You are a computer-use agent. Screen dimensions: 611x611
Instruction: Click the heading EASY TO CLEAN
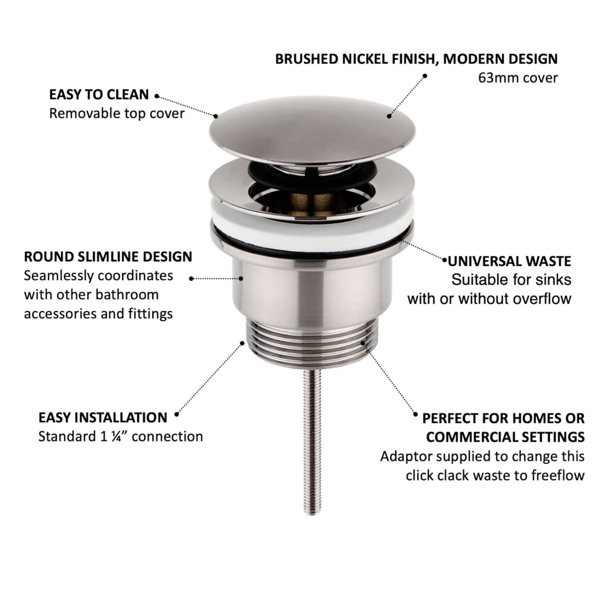99,94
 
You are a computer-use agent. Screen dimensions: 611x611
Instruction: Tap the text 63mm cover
518,78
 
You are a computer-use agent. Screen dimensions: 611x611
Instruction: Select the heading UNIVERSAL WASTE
509,261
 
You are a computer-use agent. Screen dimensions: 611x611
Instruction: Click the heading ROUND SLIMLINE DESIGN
108,257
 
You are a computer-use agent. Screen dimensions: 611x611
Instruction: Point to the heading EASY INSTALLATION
103,418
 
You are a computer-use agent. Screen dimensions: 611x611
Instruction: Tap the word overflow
543,299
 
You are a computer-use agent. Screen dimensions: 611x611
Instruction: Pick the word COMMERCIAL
474,437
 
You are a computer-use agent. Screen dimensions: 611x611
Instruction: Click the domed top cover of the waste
312,129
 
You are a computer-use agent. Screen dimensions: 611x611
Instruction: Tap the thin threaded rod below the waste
312,442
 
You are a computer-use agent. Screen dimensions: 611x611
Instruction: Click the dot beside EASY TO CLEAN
156,96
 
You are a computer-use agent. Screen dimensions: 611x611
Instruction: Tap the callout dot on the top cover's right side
389,116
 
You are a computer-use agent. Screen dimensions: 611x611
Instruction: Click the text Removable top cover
117,113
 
